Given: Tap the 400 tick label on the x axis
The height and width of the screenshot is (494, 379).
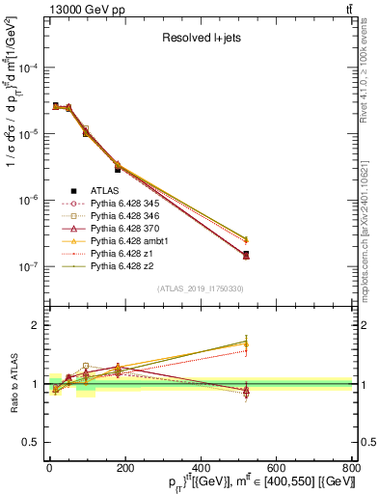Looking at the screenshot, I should (x=200, y=468).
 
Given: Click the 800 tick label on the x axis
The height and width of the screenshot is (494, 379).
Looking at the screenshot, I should (x=350, y=468).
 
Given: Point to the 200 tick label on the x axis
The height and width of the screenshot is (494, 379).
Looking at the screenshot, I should (x=124, y=468).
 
